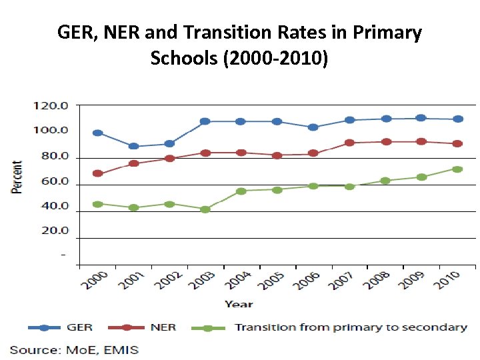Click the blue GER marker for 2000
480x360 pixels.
[98, 133]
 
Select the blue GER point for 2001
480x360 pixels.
[133, 146]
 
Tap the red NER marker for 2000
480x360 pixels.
[98, 173]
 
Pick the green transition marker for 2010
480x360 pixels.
[457, 169]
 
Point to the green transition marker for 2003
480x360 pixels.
[205, 209]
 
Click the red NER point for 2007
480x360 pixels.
[350, 143]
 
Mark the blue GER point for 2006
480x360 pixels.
[313, 127]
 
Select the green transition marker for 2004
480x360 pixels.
[241, 191]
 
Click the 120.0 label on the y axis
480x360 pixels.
[51, 105]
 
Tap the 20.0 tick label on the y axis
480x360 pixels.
[53, 231]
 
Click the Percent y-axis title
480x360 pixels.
[17, 177]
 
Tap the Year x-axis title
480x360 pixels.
[238, 304]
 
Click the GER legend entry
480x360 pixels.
[79, 327]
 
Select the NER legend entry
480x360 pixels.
[163, 327]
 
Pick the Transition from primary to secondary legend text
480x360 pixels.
[351, 327]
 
